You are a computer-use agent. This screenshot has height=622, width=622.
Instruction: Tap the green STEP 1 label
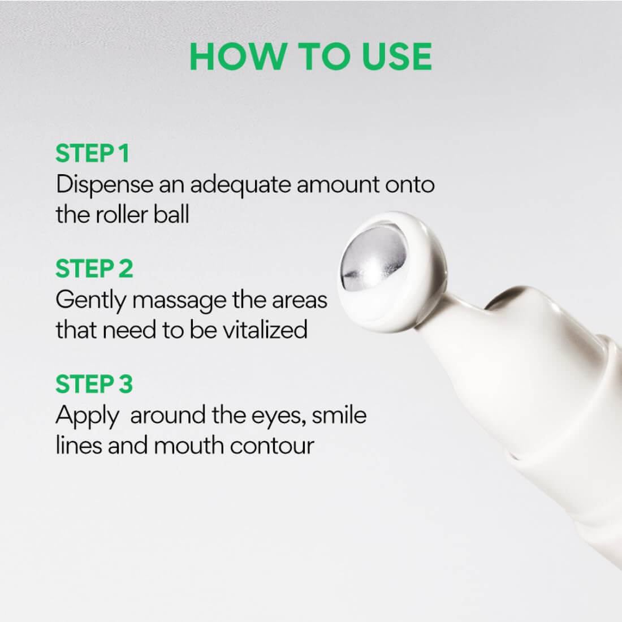coord(92,154)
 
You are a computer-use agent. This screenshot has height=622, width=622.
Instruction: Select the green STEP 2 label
coord(94,269)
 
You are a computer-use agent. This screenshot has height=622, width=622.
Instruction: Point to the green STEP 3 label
coord(94,384)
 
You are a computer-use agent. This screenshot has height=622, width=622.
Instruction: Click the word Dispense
coord(104,185)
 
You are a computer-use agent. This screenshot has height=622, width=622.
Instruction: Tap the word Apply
coord(87,416)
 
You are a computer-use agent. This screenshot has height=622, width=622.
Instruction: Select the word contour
coord(273,445)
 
